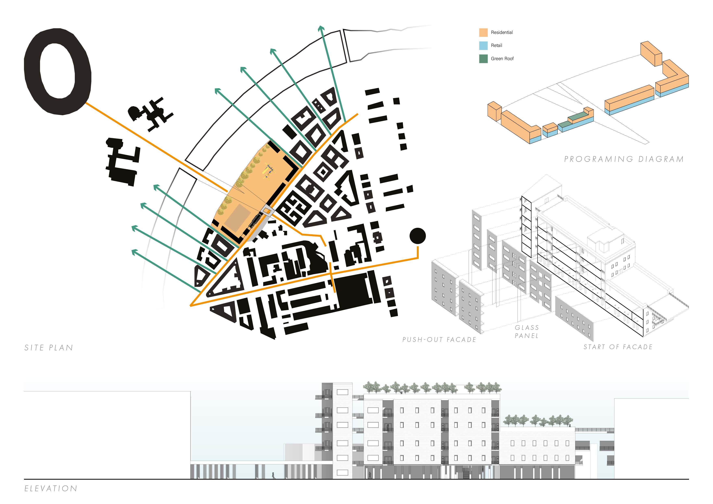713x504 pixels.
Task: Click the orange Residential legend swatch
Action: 483,33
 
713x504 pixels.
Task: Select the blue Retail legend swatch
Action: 483,46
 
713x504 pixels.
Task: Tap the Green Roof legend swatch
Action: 483,59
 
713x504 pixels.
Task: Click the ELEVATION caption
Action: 51,489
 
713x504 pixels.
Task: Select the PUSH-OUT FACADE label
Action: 439,340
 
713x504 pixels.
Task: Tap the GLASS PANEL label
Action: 527,332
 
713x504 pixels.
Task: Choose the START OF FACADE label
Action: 618,347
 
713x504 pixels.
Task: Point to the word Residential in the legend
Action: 502,33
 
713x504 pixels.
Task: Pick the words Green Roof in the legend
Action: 502,59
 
